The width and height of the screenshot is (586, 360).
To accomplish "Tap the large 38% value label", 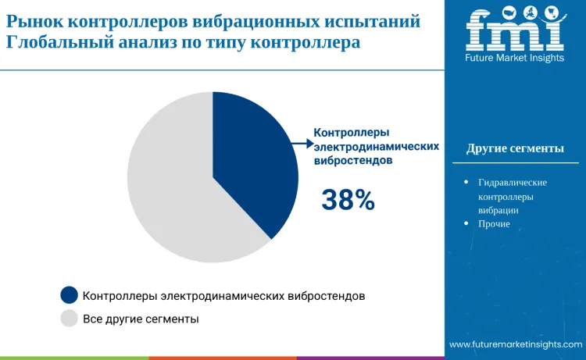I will (x=348, y=201).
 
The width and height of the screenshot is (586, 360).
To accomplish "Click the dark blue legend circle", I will (x=70, y=295).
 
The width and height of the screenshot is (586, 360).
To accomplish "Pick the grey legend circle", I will (x=70, y=319).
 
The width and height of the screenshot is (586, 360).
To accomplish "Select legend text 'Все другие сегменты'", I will (x=141, y=319).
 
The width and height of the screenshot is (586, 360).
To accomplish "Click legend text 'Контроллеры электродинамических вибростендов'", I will (x=223, y=296).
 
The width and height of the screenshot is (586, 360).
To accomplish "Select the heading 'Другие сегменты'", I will (x=515, y=148).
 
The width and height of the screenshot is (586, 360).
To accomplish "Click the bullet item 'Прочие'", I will (x=494, y=224).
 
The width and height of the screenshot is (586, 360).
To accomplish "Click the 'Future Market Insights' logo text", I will (x=515, y=58).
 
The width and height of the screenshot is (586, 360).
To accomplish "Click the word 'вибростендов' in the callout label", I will (x=353, y=160).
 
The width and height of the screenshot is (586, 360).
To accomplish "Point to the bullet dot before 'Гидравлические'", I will (x=466, y=182).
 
